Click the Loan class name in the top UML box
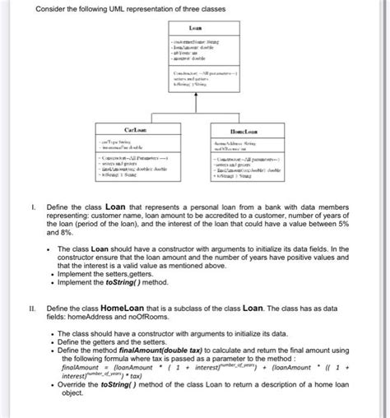click(195, 28)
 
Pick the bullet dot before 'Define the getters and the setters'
click(51, 341)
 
